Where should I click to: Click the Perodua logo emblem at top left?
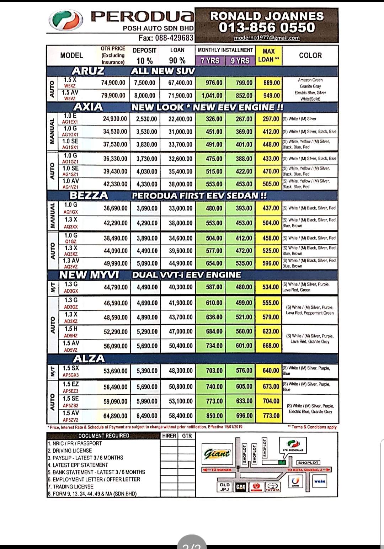pos(66,20)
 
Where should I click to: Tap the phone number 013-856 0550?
pos(267,27)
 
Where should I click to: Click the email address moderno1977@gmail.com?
pos(267,38)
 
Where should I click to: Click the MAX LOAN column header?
pos(268,55)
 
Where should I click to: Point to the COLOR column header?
pos(310,55)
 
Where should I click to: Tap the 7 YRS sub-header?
pos(210,60)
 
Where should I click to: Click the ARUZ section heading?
pos(88,71)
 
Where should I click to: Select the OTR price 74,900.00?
pos(113,83)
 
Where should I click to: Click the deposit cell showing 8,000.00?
pos(145,96)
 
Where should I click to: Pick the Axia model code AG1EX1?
pos(70,122)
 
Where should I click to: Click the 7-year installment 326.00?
pos(214,119)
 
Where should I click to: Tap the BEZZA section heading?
pos(89,196)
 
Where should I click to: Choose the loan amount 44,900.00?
pos(181,263)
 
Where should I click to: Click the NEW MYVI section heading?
pos(89,275)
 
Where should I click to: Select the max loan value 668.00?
pos(270,346)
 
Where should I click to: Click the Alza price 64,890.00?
pos(115,416)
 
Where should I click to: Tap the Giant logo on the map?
pos(217,454)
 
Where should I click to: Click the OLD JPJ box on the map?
pos(224,487)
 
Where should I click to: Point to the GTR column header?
pos(187,436)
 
